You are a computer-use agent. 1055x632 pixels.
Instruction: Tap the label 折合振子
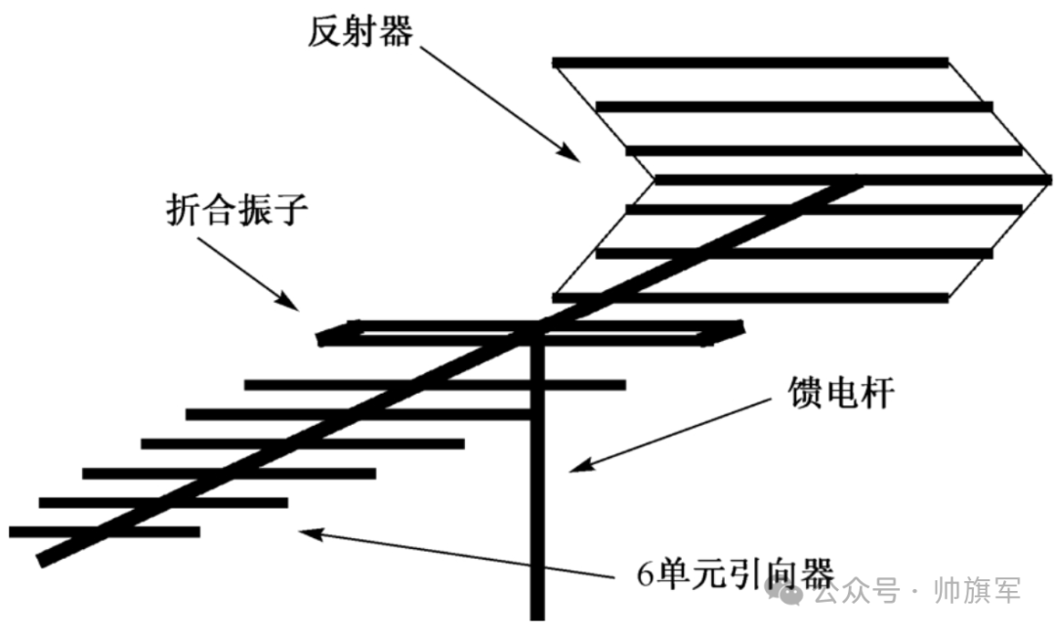pos(237,210)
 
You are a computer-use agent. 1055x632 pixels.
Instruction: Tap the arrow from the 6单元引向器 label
pos(459,550)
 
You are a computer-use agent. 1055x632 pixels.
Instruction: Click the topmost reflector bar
pos(750,63)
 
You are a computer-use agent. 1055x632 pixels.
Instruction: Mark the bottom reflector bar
pos(750,297)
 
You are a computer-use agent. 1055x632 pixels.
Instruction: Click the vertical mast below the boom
pos(536,488)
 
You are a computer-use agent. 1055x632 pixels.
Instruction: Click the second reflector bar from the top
pos(793,106)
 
